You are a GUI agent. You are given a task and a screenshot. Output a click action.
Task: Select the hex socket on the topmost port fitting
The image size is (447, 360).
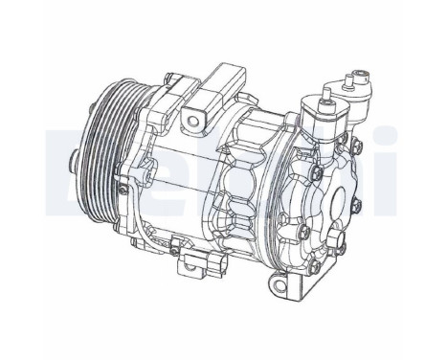(x=362, y=73)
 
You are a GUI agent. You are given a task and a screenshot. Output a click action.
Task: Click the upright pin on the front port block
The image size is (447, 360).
(x=326, y=91)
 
